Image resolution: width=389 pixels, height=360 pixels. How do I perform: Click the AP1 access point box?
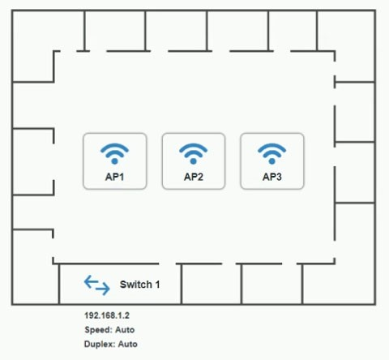click(115, 161)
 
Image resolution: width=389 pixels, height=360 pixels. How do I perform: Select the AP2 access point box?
click(194, 161)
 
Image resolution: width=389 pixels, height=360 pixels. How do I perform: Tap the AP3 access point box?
click(272, 161)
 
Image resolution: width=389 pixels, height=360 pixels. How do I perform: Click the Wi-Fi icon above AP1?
click(114, 153)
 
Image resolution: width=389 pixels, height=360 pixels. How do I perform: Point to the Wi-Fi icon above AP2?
click(194, 153)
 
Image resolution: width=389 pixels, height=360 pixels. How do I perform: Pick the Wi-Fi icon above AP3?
click(272, 153)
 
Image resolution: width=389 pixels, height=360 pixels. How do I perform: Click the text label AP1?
click(114, 177)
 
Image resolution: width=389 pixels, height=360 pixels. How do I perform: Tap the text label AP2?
click(194, 177)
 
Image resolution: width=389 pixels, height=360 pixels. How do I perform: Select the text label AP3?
click(272, 177)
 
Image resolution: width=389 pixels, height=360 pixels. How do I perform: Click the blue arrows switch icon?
click(97, 285)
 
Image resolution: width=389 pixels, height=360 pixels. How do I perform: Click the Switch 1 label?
click(139, 285)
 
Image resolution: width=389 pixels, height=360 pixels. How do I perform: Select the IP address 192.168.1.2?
click(107, 315)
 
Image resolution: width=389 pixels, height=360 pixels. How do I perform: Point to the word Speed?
click(98, 330)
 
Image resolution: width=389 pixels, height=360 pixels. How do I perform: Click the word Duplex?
click(100, 344)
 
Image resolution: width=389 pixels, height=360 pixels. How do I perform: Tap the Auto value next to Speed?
click(125, 330)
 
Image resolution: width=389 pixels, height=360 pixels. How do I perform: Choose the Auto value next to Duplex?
click(128, 344)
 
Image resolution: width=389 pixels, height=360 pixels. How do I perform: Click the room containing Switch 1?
click(120, 284)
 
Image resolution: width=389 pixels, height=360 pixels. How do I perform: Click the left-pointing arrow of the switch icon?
click(91, 282)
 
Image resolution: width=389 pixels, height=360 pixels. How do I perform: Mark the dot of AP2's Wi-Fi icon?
click(194, 161)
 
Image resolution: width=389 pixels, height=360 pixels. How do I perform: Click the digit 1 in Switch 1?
click(157, 285)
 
